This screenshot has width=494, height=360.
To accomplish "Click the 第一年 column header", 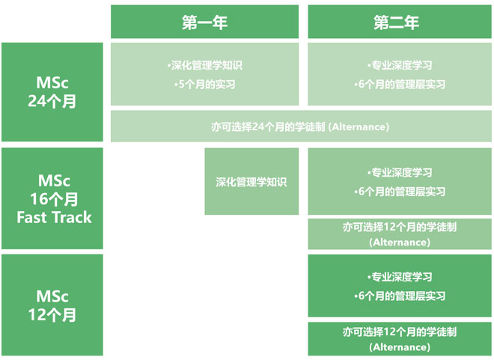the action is tap(205, 22).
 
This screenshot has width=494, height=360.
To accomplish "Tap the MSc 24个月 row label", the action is tap(52, 92).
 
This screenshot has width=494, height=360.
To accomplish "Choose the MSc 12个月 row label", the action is tap(52, 305).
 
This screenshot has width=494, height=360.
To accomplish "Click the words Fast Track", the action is tap(54, 217).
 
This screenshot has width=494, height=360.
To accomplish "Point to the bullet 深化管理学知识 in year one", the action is tap(205, 65).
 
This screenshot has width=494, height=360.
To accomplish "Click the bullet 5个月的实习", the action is tap(205, 85).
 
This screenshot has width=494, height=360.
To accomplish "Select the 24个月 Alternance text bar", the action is tap(300, 126).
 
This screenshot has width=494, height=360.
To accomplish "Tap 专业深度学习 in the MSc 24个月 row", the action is tap(400, 65).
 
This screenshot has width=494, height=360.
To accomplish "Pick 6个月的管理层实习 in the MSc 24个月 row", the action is tap(400, 85).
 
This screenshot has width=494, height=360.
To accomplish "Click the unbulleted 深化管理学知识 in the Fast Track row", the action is tap(251, 182).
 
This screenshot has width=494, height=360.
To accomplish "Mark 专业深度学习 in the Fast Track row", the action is tap(400, 172).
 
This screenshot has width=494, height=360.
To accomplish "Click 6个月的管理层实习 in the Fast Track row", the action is tap(400, 192).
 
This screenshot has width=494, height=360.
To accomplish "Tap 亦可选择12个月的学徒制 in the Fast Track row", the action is tap(400, 227).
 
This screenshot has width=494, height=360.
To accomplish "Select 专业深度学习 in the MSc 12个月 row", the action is tap(400, 277).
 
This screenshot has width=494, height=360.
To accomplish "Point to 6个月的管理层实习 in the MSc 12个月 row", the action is tap(400, 296).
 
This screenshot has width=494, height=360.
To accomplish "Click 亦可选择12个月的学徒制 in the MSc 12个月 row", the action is tap(400, 332).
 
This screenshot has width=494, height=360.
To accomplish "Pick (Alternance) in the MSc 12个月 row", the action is tap(400, 347).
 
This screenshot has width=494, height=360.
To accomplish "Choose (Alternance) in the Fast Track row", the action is tap(400, 242).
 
